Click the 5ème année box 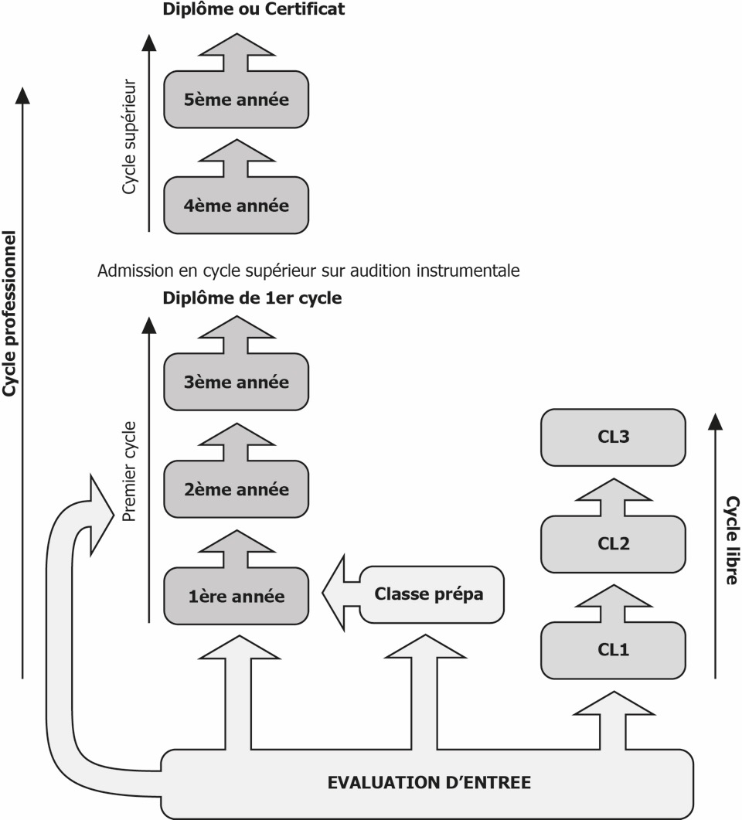(x=237, y=100)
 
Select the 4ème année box (x=237, y=206)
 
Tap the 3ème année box (x=237, y=382)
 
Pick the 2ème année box (x=237, y=489)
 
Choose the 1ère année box (x=237, y=596)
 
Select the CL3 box (x=614, y=437)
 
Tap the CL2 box (x=614, y=543)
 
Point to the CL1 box (x=614, y=649)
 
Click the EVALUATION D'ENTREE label (x=429, y=782)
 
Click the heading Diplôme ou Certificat (x=254, y=10)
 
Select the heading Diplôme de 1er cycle (x=252, y=298)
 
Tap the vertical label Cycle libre (x=730, y=540)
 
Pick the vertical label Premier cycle (x=130, y=471)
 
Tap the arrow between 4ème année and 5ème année (x=237, y=158)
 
